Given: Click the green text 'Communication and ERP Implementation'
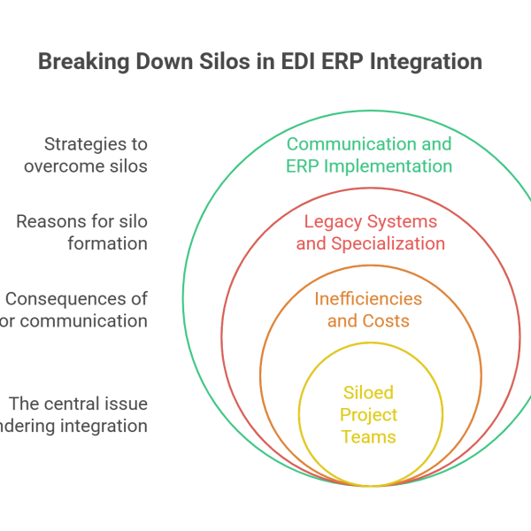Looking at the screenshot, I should point(369,155).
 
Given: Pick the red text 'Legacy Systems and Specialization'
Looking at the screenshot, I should point(370,232).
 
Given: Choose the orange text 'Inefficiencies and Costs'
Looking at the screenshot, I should point(368,309).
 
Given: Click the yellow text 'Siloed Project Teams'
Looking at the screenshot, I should point(369,414).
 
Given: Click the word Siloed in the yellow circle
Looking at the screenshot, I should point(369,392).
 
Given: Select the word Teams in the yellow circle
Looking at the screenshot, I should point(369,436).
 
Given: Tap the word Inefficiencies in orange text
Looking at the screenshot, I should point(368,298).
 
